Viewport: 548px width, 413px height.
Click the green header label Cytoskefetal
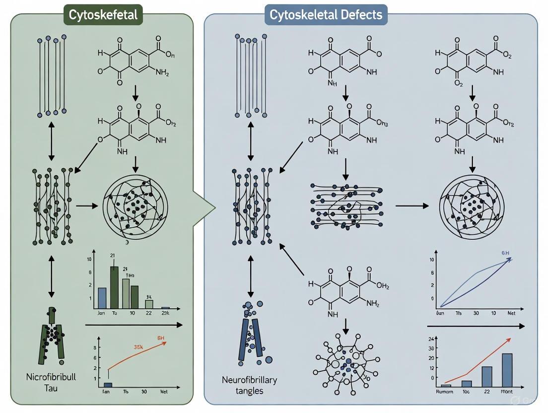point(103,15)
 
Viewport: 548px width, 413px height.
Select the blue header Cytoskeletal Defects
point(326,15)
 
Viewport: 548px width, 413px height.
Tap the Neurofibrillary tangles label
point(250,385)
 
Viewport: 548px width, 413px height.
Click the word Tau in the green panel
point(51,388)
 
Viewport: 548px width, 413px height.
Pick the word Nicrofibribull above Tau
point(51,377)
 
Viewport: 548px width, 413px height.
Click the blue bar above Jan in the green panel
point(102,297)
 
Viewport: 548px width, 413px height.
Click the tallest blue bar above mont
point(507,369)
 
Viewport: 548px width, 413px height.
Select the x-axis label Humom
point(446,392)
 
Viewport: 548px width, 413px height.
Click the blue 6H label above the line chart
point(505,252)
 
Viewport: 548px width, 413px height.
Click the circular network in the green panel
point(135,205)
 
